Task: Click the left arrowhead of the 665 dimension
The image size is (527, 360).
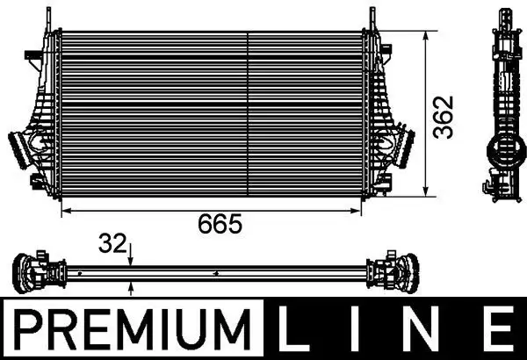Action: pyautogui.click(x=63, y=212)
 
